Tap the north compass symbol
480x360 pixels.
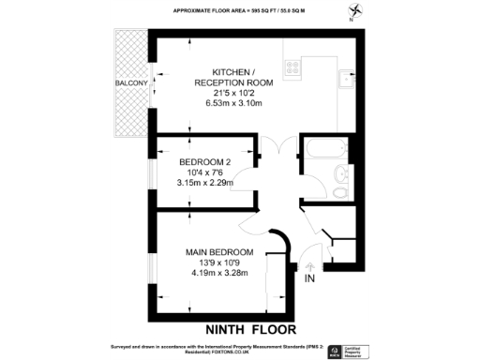352,12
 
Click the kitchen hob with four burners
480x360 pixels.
291,68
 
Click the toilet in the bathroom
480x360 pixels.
341,191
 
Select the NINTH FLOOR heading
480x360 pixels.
250,329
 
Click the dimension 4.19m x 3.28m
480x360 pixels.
218,275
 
